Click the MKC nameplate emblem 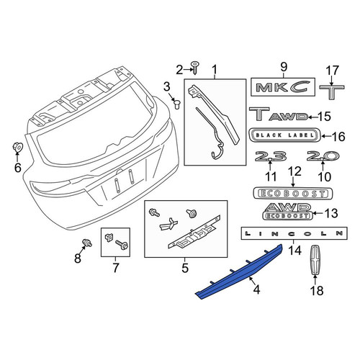pyautogui.click(x=282, y=87)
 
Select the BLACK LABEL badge pyautogui.click(x=285, y=135)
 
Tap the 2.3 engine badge pyautogui.click(x=271, y=156)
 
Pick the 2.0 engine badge pyautogui.click(x=323, y=156)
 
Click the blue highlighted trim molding pyautogui.click(x=240, y=271)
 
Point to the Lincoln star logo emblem pyautogui.click(x=315, y=260)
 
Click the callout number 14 pyautogui.click(x=294, y=251)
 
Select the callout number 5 pyautogui.click(x=185, y=268)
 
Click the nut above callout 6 pyautogui.click(x=17, y=147)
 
